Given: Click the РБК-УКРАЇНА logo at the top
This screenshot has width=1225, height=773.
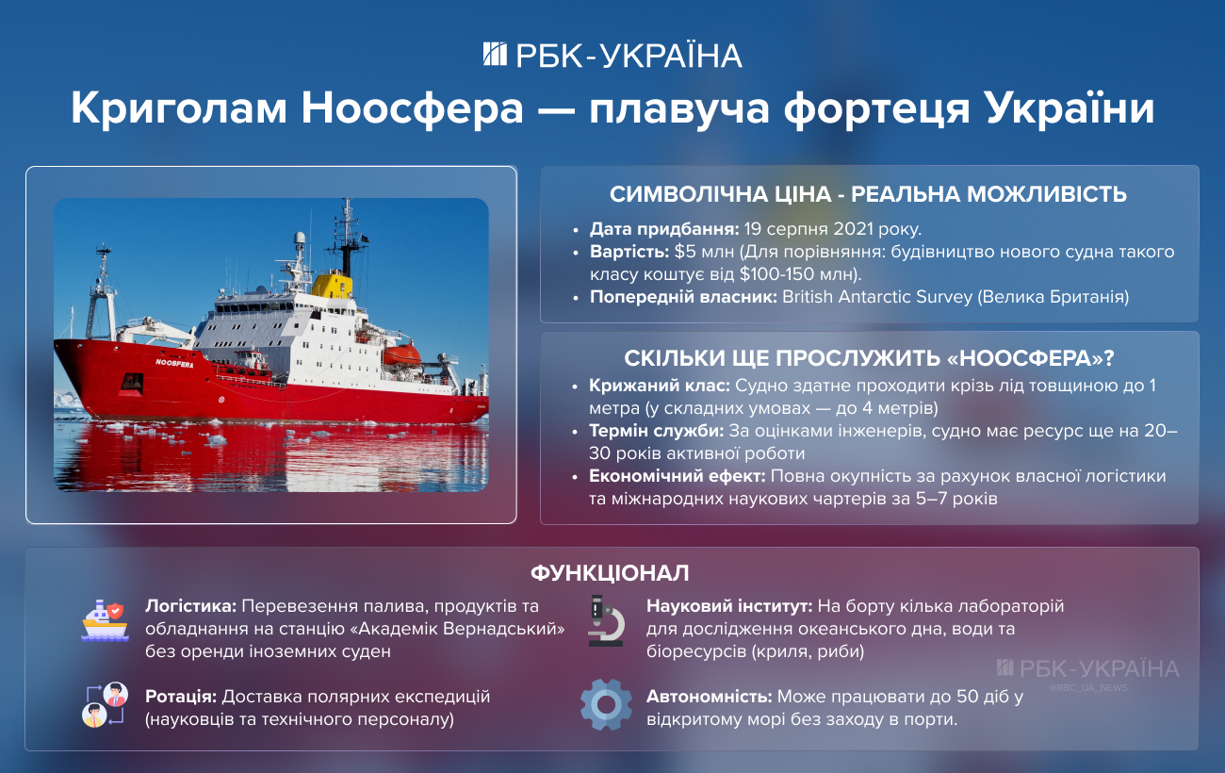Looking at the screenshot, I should click(612, 55).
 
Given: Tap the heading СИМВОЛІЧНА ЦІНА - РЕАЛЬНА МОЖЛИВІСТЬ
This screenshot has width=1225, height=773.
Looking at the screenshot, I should click(868, 195).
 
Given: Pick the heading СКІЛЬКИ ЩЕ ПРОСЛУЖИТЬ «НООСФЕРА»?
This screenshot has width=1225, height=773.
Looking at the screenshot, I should click(868, 359).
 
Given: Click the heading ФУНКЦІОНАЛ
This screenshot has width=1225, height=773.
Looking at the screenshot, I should click(610, 573).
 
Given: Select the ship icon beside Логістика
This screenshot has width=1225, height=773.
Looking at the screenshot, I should click(104, 620).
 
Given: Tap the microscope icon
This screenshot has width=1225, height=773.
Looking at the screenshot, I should click(605, 620).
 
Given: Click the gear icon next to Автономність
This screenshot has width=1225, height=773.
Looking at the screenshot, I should click(605, 704).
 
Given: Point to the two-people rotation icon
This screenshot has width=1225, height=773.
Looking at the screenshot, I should click(104, 704).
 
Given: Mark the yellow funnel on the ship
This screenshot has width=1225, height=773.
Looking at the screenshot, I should click(331, 284).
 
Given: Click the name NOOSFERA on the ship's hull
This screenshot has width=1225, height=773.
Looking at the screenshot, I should click(173, 363).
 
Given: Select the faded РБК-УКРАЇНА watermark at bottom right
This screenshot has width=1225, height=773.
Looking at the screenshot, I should click(1086, 668).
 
